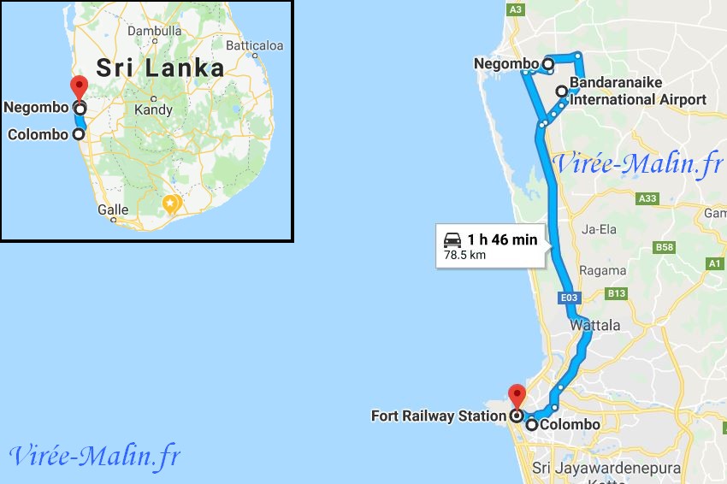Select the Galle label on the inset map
[x=113, y=210]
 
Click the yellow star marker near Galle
[x=171, y=204]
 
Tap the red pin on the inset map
[x=79, y=86]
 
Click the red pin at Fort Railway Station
[x=517, y=396]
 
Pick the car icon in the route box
[x=452, y=239]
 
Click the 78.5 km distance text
[x=465, y=255]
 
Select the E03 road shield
[x=570, y=298]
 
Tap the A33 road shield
[x=648, y=198]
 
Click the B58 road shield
[x=664, y=248]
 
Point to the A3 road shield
[x=515, y=9]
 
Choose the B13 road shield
[x=617, y=293]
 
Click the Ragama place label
[x=603, y=270]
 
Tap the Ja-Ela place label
[x=600, y=229]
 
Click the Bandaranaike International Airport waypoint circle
[x=561, y=91]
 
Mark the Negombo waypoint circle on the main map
[x=547, y=63]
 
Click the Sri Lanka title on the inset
[x=160, y=68]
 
